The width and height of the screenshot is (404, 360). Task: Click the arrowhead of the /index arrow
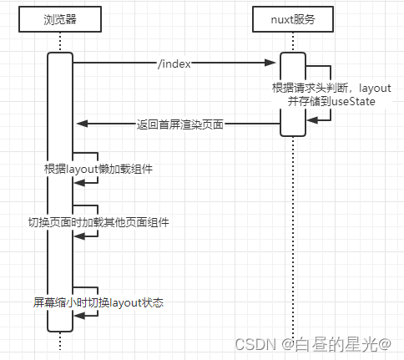click(x=273, y=62)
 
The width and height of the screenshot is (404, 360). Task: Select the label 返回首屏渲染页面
click(x=179, y=124)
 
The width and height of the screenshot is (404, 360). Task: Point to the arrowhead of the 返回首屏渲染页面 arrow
click(x=81, y=124)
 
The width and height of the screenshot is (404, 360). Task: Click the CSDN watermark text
click(x=254, y=343)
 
